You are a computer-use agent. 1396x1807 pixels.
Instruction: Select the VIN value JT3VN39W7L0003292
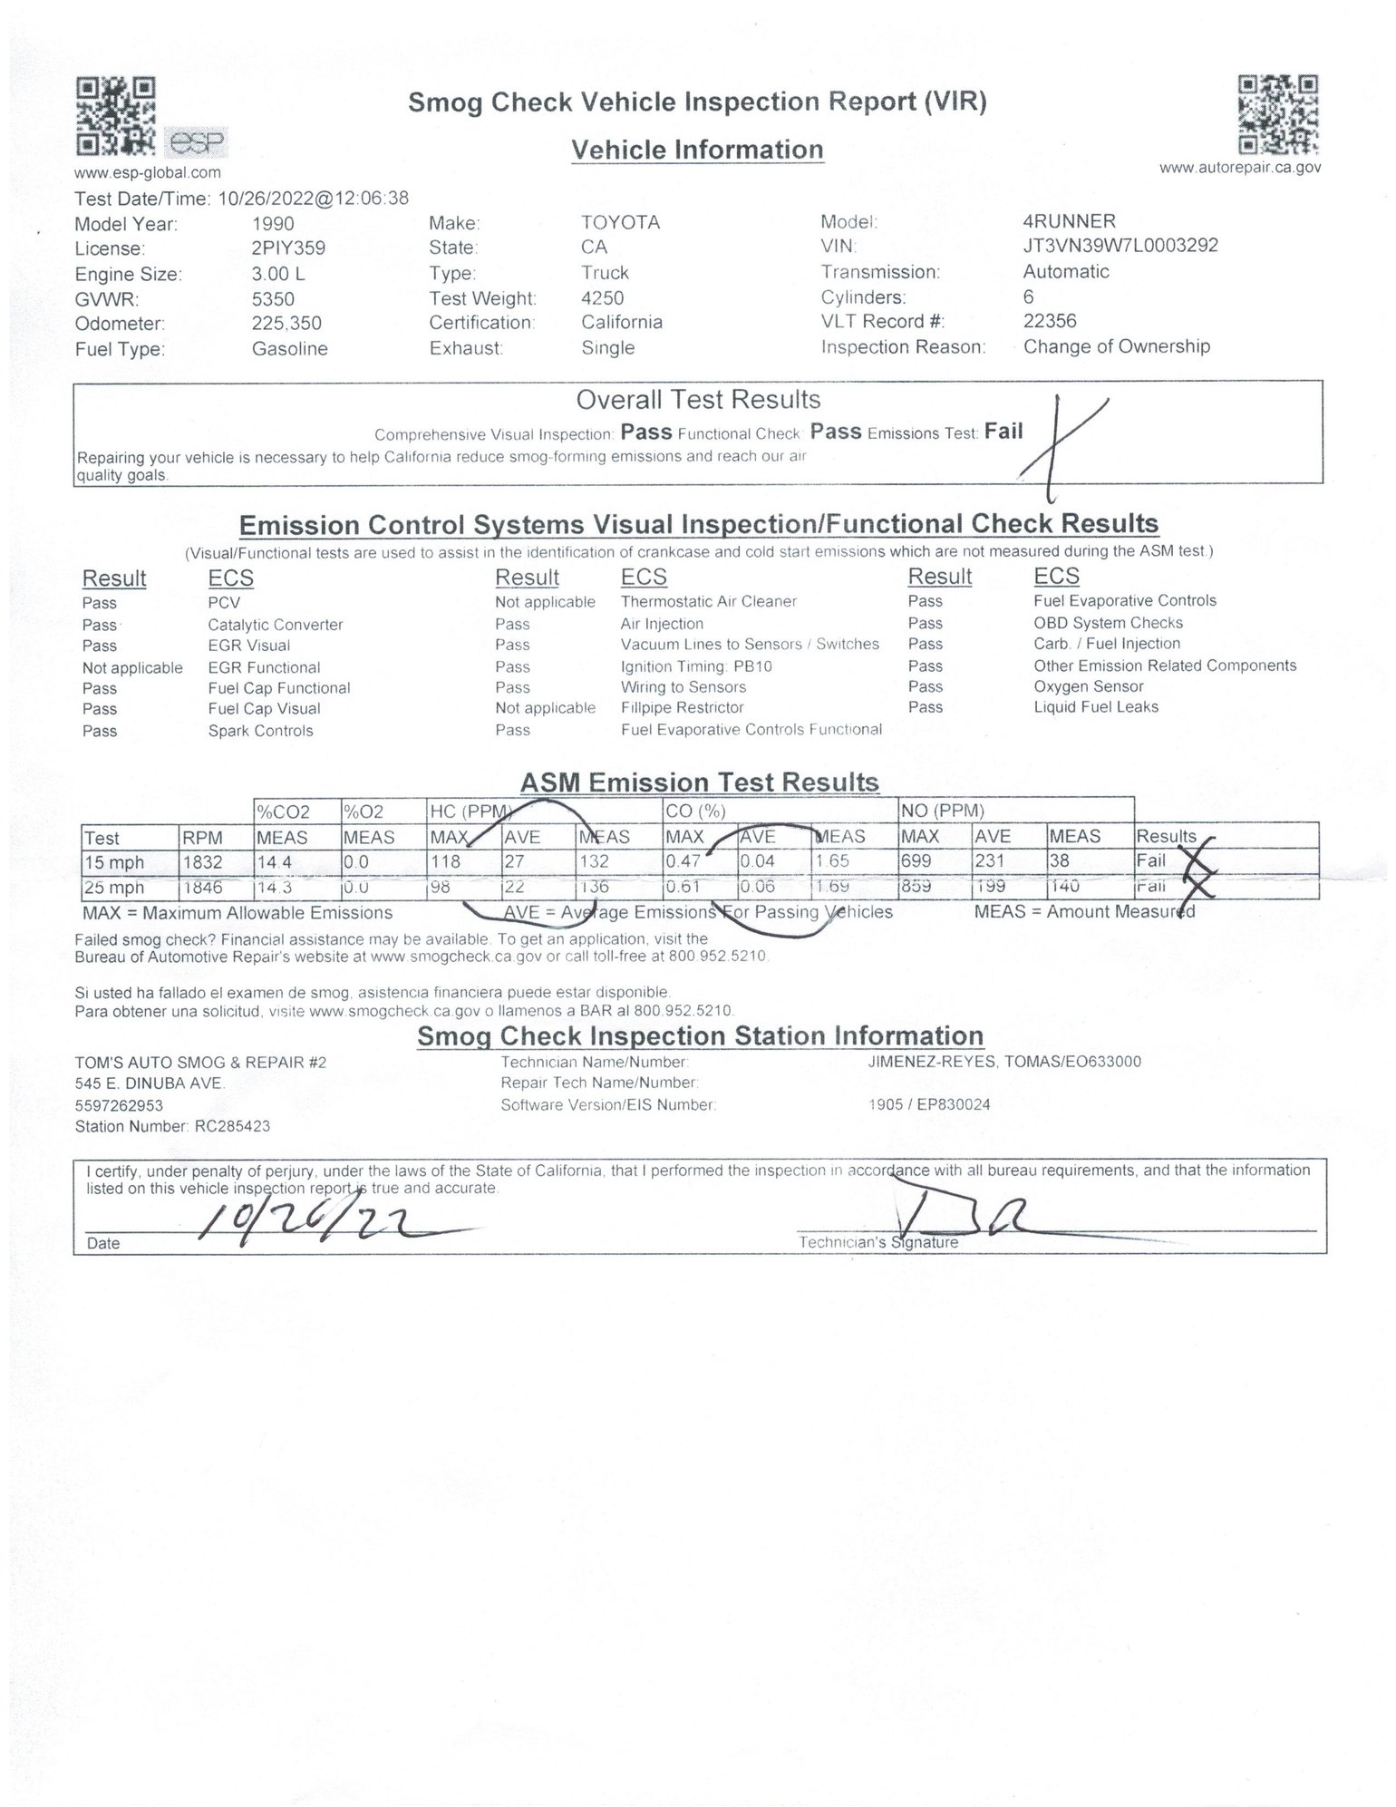[x=1120, y=246]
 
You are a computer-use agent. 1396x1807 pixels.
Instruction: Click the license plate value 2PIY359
[x=288, y=248]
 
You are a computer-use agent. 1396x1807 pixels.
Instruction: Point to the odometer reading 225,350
[x=286, y=324]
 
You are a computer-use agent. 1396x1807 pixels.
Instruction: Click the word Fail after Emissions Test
[x=1003, y=432]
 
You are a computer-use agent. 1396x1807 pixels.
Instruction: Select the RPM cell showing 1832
[x=202, y=863]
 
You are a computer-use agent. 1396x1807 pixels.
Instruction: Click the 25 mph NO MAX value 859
[x=916, y=887]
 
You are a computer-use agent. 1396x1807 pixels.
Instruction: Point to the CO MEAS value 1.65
[x=831, y=861]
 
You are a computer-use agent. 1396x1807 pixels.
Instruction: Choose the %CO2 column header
[x=283, y=812]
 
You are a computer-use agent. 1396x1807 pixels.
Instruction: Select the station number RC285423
[x=232, y=1126]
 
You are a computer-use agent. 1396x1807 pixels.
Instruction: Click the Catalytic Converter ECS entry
[x=275, y=625]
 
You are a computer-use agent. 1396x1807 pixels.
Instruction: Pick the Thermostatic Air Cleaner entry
[x=708, y=601]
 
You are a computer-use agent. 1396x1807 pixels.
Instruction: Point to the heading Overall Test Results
[x=698, y=400]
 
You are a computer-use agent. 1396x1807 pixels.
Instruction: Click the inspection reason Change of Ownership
[x=1116, y=346]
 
